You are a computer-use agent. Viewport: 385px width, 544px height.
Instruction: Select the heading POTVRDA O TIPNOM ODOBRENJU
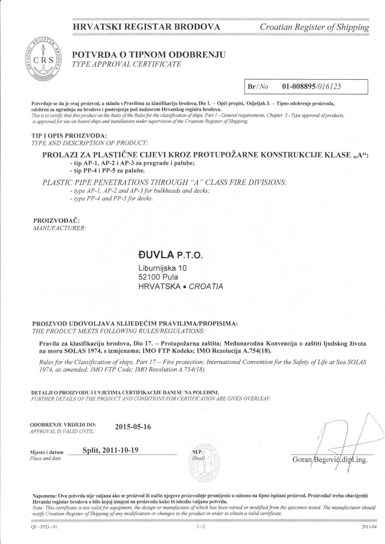click(149, 54)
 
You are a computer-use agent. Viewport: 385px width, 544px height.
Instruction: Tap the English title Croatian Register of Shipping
click(314, 27)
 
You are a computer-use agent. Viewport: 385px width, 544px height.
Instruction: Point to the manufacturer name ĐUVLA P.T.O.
click(171, 255)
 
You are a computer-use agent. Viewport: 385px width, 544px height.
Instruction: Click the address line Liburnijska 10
click(162, 268)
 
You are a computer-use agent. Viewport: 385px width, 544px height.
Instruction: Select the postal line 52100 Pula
click(158, 277)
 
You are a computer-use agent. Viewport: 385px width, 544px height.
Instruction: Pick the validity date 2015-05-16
click(133, 427)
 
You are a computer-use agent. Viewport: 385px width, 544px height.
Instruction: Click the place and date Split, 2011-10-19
click(110, 450)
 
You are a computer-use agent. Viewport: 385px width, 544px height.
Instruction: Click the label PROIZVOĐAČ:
click(56, 221)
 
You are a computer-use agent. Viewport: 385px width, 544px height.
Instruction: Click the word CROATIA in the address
click(206, 287)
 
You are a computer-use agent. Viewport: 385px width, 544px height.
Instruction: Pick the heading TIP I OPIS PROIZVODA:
click(69, 136)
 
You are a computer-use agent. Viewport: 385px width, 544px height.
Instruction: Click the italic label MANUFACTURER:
click(60, 228)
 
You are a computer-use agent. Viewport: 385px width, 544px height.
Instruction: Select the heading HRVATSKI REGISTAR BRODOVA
click(147, 27)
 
